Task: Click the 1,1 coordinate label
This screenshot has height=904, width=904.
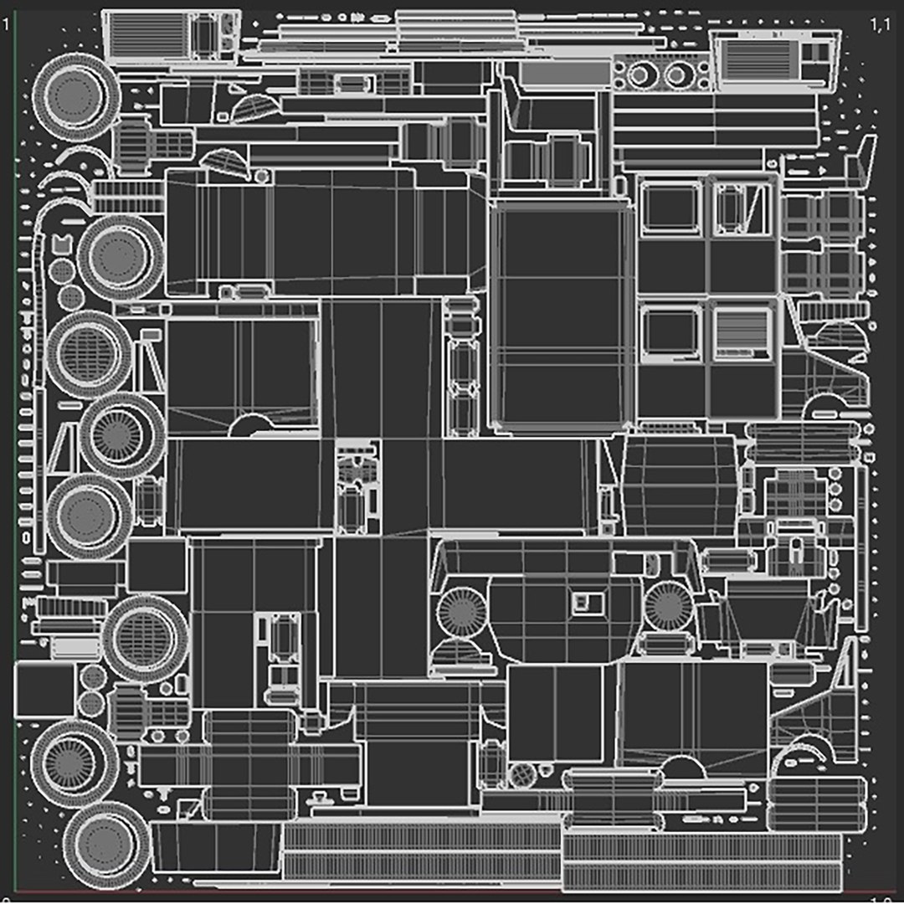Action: click(x=880, y=24)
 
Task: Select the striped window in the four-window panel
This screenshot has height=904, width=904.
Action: click(x=742, y=332)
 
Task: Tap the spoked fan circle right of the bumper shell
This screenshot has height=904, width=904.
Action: click(x=667, y=606)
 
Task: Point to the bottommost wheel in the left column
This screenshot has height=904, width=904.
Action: click(x=107, y=845)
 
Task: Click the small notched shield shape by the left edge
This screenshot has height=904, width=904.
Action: click(x=61, y=245)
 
